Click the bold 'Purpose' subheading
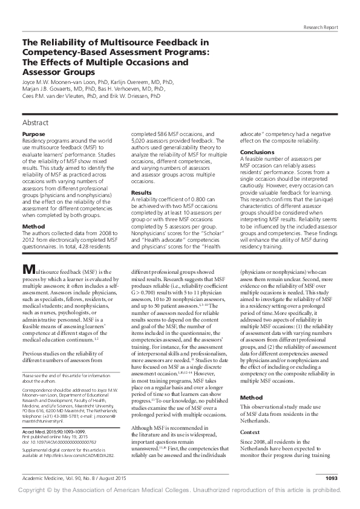coord(33,133)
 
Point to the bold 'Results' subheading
coord(142,192)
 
